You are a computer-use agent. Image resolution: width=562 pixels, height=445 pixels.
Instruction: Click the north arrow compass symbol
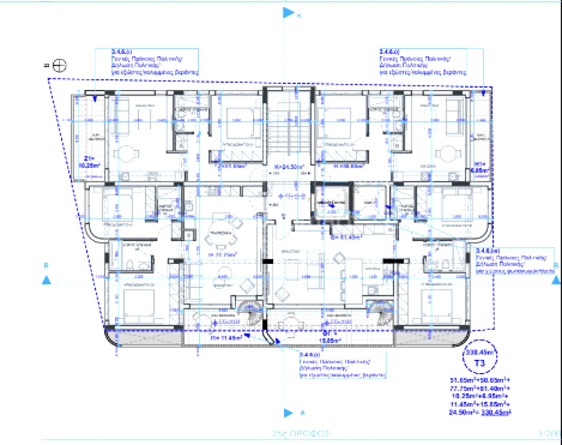[x=59, y=66]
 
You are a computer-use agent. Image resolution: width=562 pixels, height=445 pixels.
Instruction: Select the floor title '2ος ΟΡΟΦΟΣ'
[x=300, y=434]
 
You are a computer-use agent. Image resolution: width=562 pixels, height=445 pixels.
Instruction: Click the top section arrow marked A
[x=288, y=13]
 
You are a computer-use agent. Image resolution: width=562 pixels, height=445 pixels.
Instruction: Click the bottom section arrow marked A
[x=288, y=413]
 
